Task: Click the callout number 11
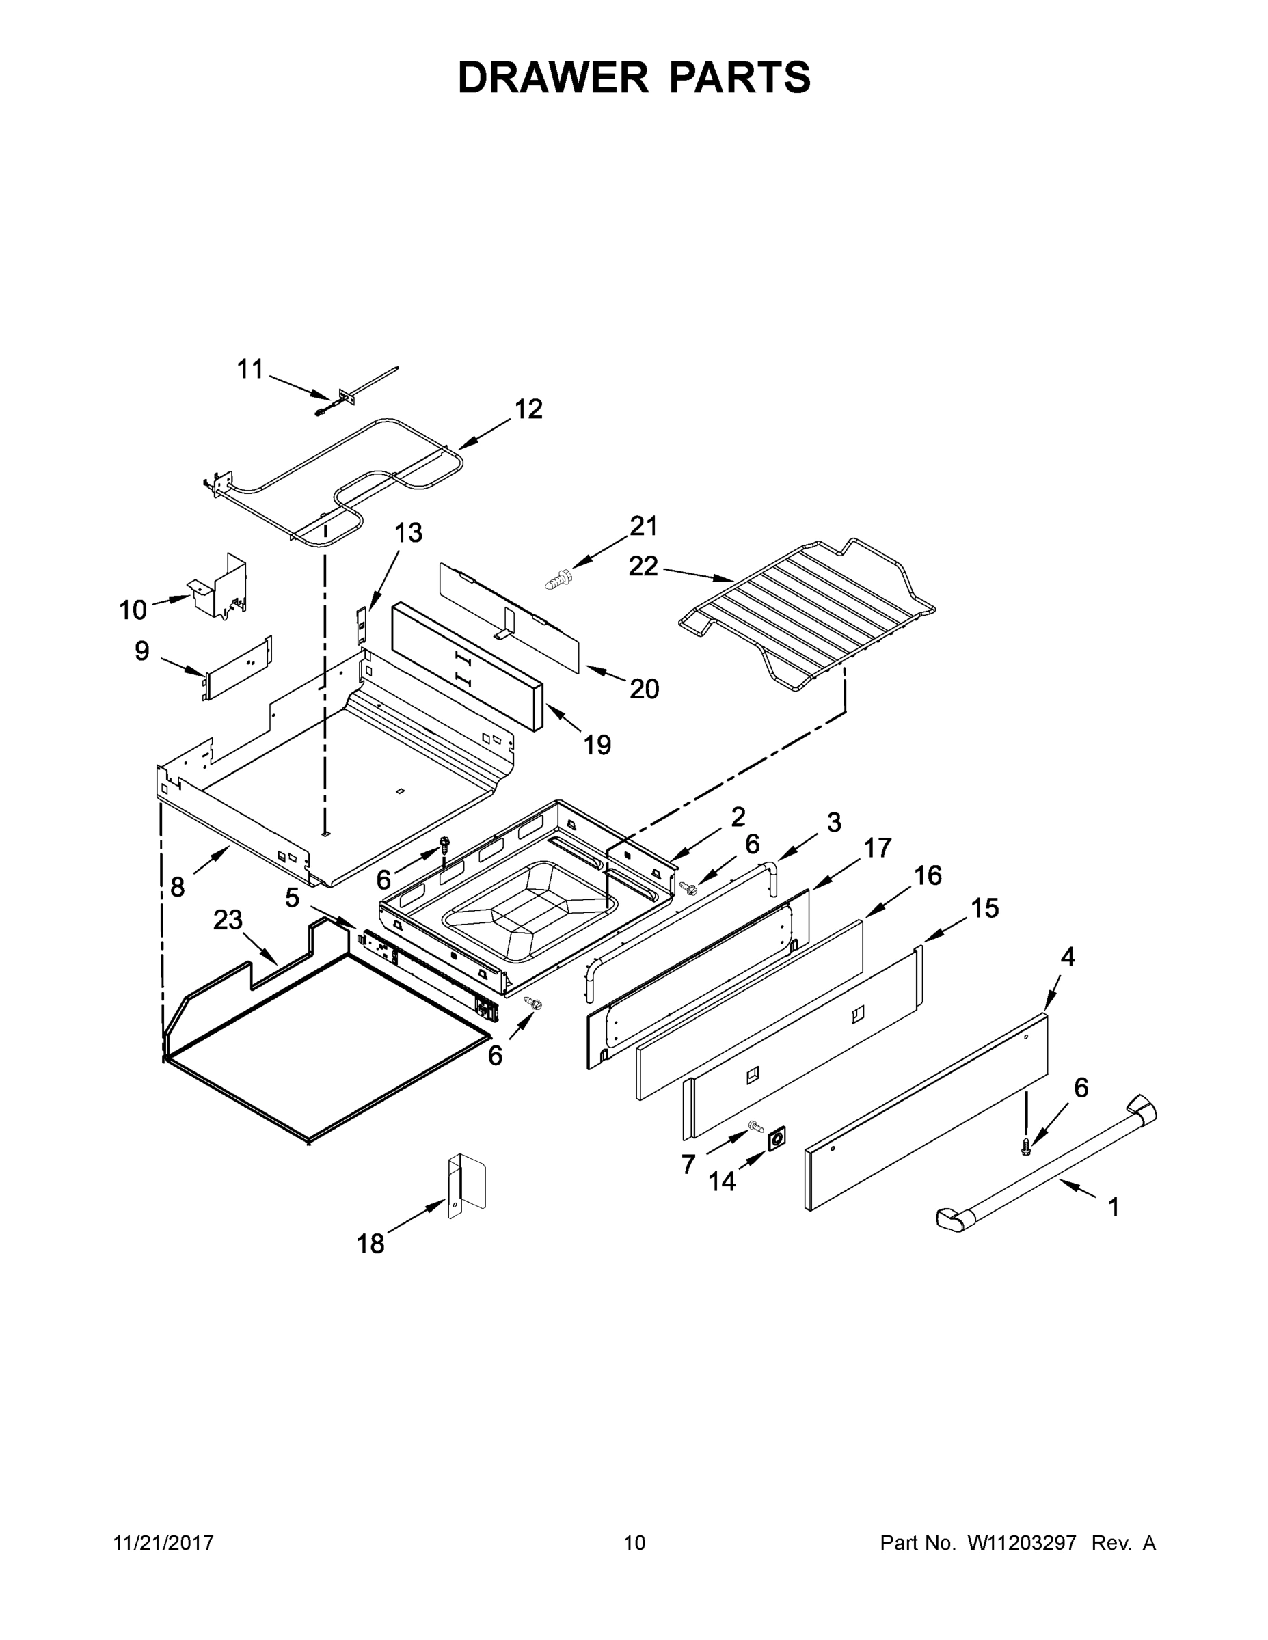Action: click(250, 370)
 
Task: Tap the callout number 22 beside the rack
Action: click(644, 566)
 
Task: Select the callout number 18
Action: click(370, 1244)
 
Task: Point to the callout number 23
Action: click(228, 920)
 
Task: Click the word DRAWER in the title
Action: click(552, 78)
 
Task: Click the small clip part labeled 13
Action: click(360, 620)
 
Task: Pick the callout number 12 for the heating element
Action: click(528, 409)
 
